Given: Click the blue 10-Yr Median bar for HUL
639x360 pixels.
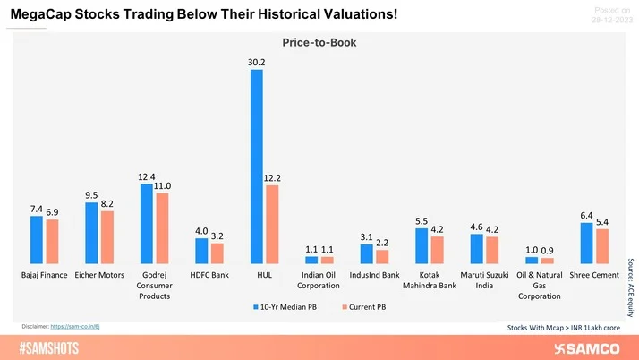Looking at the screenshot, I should [x=257, y=166].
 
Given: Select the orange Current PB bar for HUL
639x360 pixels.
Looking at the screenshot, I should [x=272, y=224].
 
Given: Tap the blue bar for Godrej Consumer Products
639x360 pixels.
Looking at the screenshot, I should [x=147, y=223].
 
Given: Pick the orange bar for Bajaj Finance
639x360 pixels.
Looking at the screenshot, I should [x=52, y=241].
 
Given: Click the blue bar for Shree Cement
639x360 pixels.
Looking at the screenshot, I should [x=586, y=243].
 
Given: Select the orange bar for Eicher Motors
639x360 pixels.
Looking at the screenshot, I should [x=107, y=237].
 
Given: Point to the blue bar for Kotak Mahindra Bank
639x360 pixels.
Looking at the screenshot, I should [x=422, y=245].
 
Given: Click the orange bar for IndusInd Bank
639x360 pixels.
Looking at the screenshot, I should [x=382, y=256].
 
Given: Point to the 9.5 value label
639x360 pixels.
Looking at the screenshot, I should [x=92, y=194].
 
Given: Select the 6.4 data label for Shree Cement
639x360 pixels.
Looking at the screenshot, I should [x=586, y=215].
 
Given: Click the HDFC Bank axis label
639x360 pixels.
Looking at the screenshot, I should [x=209, y=275].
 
